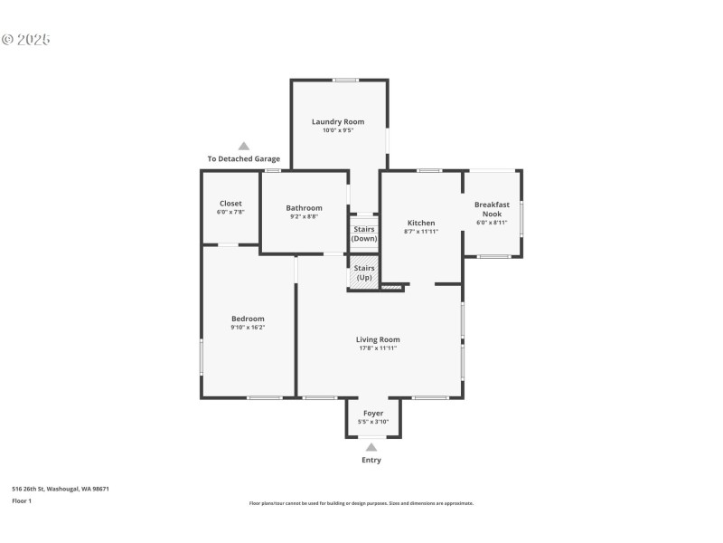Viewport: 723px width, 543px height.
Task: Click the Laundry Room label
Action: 338,121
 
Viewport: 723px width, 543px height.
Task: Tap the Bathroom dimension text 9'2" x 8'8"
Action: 304,216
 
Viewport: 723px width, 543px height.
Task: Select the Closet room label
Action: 230,204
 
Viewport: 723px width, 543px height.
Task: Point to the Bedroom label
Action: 248,319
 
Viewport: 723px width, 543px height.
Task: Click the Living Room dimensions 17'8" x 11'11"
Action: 378,348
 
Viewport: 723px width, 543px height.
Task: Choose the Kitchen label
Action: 421,223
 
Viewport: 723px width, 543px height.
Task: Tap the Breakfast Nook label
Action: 492,209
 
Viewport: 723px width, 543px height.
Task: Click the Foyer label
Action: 373,414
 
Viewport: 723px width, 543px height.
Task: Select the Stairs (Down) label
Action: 364,233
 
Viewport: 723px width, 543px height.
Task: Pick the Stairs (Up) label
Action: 364,272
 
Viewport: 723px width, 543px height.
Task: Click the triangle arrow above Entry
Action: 371,446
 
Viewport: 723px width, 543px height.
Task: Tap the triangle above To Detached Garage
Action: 243,146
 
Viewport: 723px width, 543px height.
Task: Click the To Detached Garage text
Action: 243,159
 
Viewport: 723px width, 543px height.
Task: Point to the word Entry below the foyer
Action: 371,460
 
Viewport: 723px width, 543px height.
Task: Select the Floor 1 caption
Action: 22,500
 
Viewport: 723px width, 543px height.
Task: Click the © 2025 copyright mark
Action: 26,40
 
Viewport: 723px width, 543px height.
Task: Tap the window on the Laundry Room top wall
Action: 345,81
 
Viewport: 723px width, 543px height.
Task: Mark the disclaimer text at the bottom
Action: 361,503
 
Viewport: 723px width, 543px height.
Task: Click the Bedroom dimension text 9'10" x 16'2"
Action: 248,329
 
